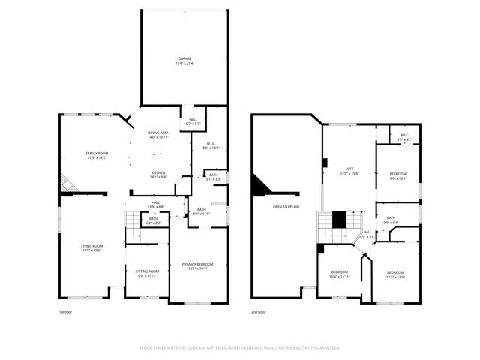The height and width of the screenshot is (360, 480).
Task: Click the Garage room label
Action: pos(184,61)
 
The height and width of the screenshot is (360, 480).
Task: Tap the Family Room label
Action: pos(96,155)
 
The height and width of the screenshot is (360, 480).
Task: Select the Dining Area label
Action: pos(157,135)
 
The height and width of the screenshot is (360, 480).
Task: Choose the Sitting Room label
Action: pos(147,273)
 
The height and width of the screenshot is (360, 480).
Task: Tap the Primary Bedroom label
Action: pos(198,266)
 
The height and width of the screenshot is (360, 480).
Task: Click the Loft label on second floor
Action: pos(349,172)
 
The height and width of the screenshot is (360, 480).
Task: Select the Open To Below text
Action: pos(286,207)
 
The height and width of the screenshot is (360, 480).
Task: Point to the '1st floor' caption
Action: pos(66,312)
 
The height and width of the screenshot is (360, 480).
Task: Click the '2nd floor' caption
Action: pos(259,312)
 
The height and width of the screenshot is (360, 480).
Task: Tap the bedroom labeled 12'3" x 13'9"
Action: pos(395,274)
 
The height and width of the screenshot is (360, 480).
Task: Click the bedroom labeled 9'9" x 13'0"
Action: pos(397,177)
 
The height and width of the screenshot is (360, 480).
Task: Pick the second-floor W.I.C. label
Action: pos(404,137)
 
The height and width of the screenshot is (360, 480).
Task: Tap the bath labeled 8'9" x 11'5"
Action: pos(202,212)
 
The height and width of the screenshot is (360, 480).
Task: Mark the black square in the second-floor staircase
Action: pos(339,219)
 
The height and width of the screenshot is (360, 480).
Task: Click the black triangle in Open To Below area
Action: pos(261,185)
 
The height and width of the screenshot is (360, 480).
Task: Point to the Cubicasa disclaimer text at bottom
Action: pos(240,348)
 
